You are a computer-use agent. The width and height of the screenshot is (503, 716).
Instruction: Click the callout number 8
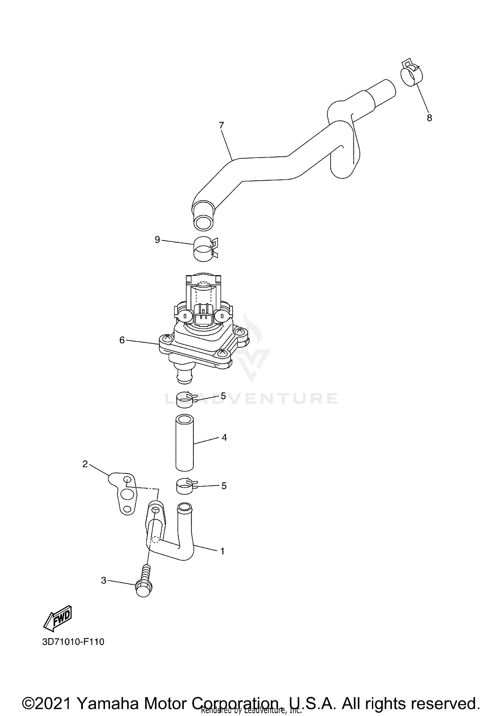tap(429, 118)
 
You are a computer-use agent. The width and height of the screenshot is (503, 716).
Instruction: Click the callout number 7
tap(221, 125)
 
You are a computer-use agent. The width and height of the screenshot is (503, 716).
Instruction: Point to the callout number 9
tap(157, 240)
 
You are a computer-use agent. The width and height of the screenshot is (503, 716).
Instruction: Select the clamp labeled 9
tap(204, 249)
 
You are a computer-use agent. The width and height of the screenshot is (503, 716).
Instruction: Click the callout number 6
tap(122, 340)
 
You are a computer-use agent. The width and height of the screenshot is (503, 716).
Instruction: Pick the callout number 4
tap(224, 437)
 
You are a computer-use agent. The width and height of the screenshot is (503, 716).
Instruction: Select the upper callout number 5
tap(223, 396)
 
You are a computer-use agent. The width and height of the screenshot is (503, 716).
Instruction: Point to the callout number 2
tap(85, 464)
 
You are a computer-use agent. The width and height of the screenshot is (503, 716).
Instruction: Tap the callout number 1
tap(222, 551)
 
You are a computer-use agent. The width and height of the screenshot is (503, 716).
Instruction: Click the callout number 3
tap(104, 580)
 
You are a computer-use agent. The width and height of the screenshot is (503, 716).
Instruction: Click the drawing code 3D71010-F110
tap(73, 642)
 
